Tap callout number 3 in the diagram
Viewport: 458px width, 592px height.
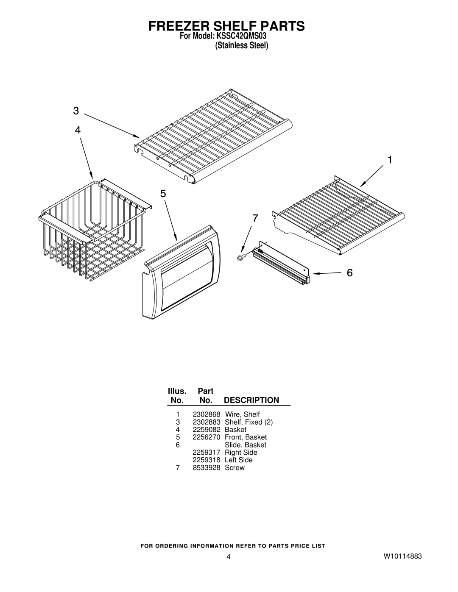pyautogui.click(x=76, y=111)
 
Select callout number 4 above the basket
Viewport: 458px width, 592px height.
pyautogui.click(x=78, y=130)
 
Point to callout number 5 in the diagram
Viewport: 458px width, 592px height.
pyautogui.click(x=163, y=194)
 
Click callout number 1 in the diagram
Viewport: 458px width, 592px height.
pyautogui.click(x=390, y=160)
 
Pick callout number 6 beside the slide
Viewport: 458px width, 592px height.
pyautogui.click(x=350, y=273)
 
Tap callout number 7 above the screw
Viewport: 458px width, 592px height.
pyautogui.click(x=255, y=218)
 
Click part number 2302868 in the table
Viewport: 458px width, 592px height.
pyautogui.click(x=206, y=414)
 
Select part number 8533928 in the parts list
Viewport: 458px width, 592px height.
pyautogui.click(x=206, y=467)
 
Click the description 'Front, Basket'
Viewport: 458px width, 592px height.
pyautogui.click(x=246, y=437)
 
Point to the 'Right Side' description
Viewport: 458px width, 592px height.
pyautogui.click(x=241, y=452)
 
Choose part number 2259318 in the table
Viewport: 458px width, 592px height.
pyautogui.click(x=206, y=460)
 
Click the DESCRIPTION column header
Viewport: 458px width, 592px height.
pyautogui.click(x=251, y=400)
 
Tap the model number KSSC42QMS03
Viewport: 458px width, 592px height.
pyautogui.click(x=241, y=36)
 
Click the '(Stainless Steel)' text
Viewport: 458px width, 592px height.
pyautogui.click(x=242, y=45)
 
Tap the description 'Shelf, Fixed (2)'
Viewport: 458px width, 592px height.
pyautogui.click(x=249, y=422)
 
